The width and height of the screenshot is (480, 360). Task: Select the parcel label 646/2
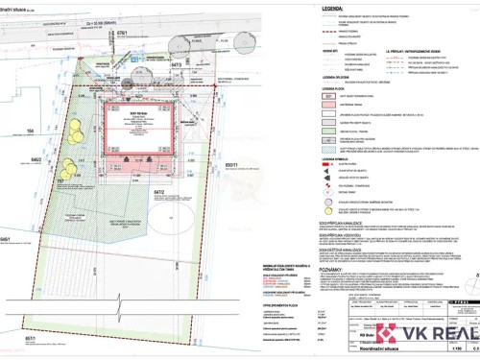coord(36,159)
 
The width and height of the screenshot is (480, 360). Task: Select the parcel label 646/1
coord(7,238)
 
